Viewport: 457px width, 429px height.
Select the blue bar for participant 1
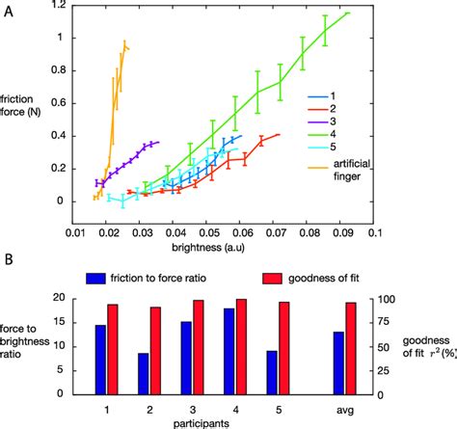pos(100,359)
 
